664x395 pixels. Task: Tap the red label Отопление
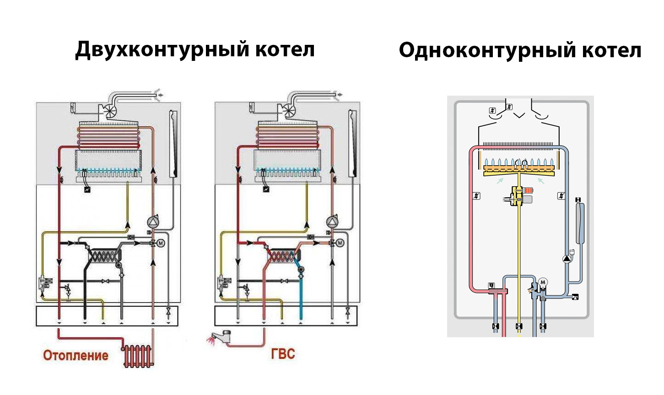[x=76, y=355]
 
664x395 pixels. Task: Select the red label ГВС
[x=283, y=354]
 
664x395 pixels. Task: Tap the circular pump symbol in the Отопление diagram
[x=152, y=222]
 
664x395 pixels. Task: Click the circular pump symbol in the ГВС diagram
[x=331, y=222]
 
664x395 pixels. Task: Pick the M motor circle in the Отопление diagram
[x=161, y=243]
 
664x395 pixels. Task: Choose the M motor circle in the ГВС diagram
[x=340, y=243]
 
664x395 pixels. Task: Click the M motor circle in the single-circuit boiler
[x=543, y=282]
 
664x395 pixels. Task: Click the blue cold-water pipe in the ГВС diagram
[x=301, y=293]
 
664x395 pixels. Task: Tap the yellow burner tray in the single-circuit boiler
[x=519, y=171]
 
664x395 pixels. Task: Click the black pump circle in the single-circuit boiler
[x=567, y=259]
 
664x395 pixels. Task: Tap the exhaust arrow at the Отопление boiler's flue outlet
[x=160, y=95]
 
